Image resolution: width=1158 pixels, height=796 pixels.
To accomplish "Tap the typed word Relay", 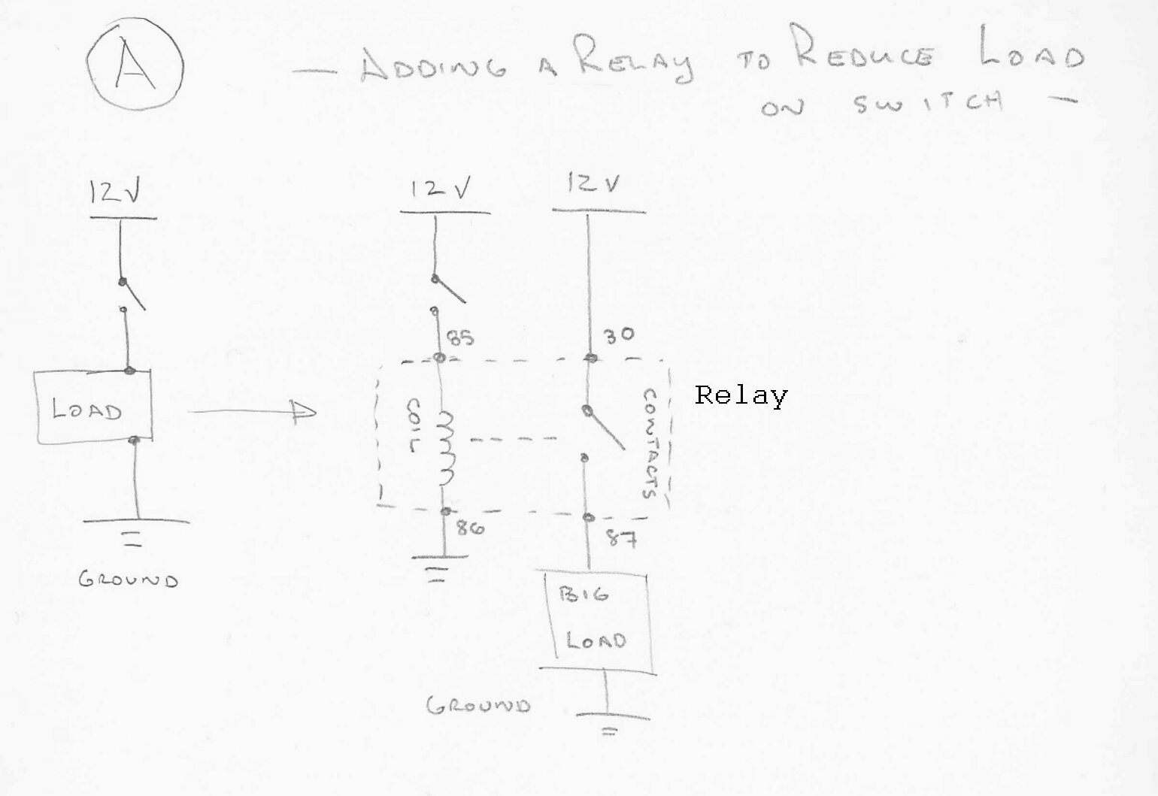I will (x=741, y=395).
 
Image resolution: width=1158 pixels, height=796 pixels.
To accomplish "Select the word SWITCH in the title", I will (x=928, y=102).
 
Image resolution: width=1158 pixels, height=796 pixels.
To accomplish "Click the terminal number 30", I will (x=619, y=336).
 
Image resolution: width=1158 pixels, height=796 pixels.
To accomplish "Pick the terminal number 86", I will (x=469, y=528).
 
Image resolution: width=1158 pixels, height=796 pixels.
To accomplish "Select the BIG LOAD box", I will (x=597, y=620).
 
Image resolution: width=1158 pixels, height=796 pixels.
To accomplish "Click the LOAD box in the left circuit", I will (x=93, y=408).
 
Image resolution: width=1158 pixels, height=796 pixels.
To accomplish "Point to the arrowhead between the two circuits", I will (x=304, y=411).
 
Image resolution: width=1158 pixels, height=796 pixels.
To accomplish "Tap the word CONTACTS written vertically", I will (x=650, y=443).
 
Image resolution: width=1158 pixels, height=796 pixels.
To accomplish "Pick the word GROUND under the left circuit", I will (x=129, y=580).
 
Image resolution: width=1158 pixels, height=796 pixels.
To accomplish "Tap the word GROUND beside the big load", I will (x=478, y=705).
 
